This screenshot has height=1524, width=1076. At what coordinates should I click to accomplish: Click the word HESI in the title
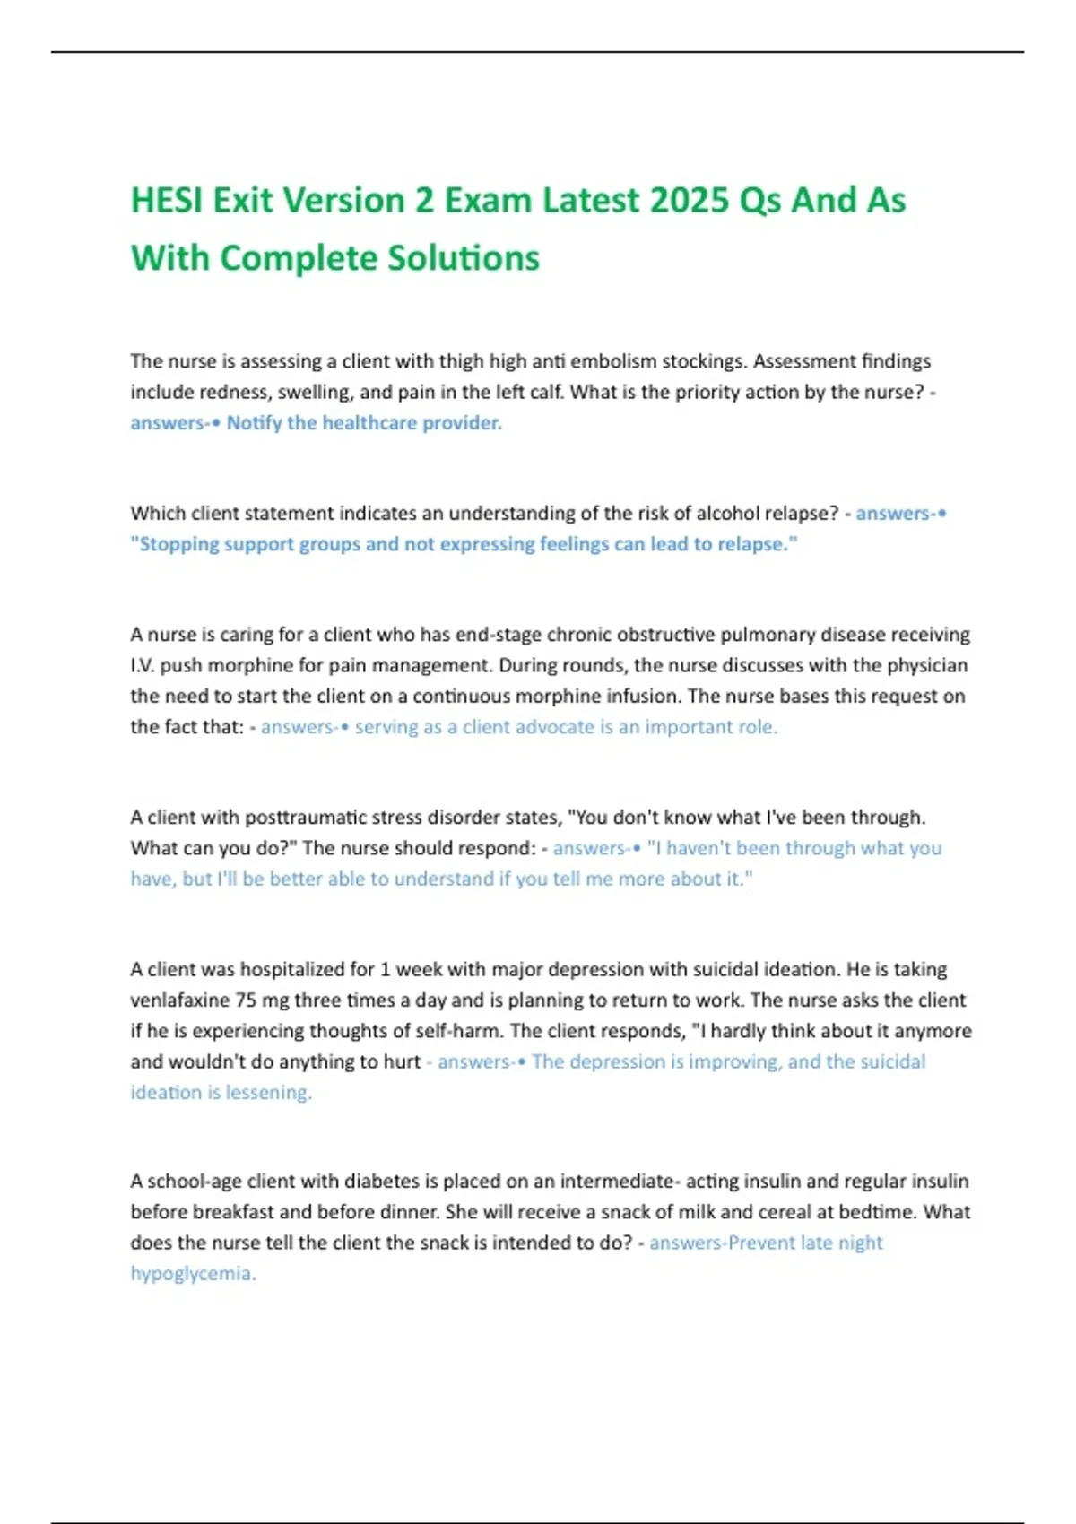coord(167,200)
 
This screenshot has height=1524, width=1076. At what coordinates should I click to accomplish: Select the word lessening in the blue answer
coord(268,1093)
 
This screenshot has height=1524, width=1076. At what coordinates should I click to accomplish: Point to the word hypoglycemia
coord(193,1274)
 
